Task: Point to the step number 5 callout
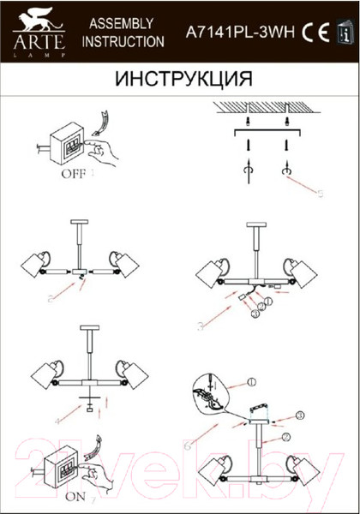pos(318,193)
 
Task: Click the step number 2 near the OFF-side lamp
pos(51,297)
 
